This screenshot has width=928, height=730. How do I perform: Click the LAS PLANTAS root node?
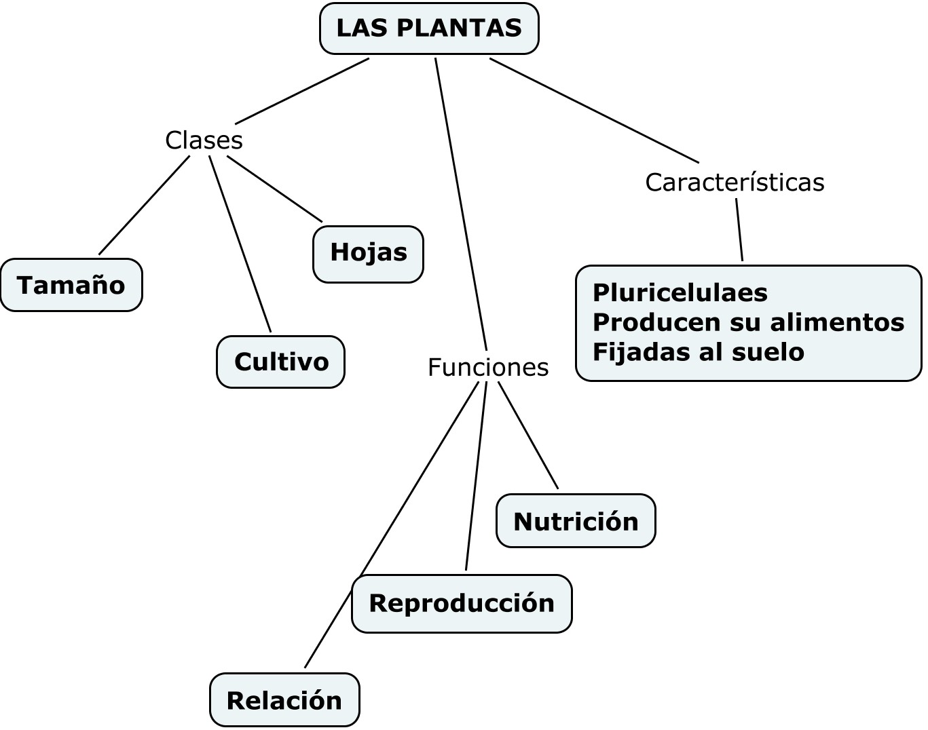pos(429,28)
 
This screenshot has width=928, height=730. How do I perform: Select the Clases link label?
pos(204,140)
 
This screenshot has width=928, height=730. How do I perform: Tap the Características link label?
pos(735,182)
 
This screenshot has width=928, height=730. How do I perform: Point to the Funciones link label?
pos(487,367)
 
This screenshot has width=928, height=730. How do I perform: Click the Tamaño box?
pos(71,285)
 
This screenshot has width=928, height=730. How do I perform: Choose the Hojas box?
pos(368,253)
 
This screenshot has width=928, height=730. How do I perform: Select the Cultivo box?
pos(281,362)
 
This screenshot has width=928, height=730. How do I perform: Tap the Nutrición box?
pos(576,521)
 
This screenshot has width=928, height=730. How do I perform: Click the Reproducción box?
pos(462,603)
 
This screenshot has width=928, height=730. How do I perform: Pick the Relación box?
pos(284,700)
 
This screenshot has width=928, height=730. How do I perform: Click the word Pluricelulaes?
pos(680,293)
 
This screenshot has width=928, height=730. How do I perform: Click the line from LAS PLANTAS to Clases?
pos(302,91)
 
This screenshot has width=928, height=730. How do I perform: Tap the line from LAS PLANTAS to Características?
pos(594,111)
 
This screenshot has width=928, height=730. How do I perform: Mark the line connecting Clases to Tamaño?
pos(144,206)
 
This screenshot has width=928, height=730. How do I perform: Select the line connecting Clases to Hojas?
pos(274,189)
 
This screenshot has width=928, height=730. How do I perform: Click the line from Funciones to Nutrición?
pos(528,436)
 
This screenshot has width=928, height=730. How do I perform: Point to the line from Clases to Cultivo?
pos(240,244)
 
